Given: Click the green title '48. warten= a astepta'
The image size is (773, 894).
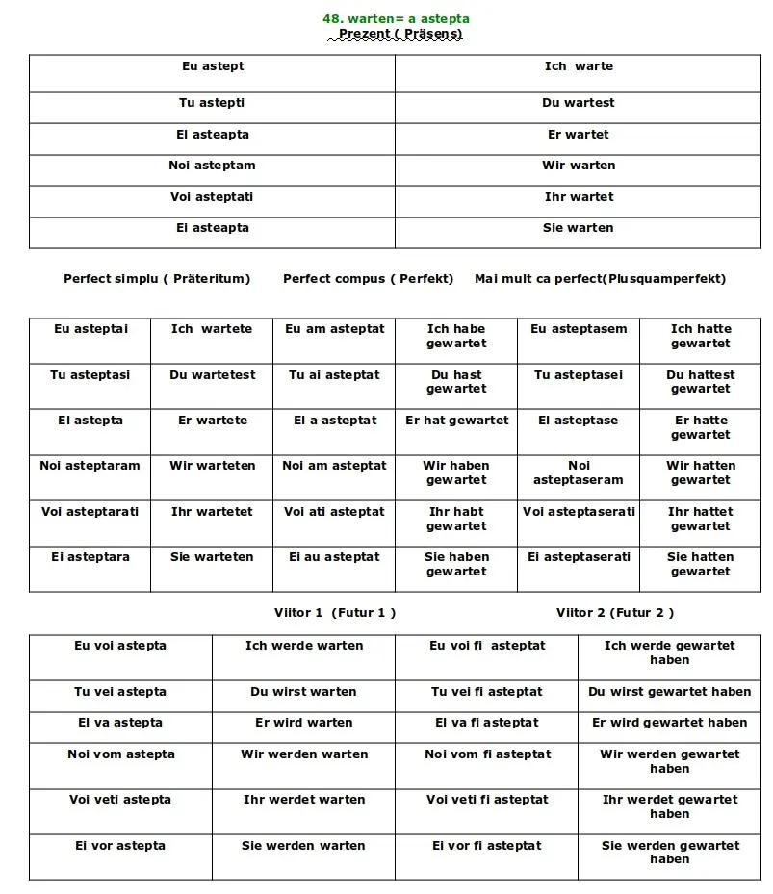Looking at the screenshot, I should click(x=396, y=19).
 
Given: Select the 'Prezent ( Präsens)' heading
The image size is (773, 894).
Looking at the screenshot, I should click(x=399, y=34).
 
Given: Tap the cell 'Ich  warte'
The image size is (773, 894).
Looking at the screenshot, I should click(x=578, y=66).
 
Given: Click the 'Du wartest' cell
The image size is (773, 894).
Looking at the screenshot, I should click(x=578, y=103).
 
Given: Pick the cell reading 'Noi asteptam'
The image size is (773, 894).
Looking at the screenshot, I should click(x=212, y=166).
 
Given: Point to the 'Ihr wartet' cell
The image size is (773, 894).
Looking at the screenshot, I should click(x=578, y=197).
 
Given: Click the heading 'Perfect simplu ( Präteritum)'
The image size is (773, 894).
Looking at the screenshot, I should click(x=157, y=279).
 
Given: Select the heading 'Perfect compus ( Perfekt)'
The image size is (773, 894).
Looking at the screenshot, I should click(x=368, y=279).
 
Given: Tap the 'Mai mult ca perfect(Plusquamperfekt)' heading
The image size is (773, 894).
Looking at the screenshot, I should click(x=600, y=279).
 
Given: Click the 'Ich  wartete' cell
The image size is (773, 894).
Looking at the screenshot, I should click(x=212, y=329).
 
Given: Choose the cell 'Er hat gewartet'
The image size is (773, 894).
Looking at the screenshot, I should click(x=456, y=421).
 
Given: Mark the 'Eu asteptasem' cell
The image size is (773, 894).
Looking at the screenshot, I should click(x=579, y=329).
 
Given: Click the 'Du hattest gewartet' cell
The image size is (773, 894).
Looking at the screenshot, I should click(x=701, y=382).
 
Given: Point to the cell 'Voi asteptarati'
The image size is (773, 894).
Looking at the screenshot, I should click(x=90, y=512).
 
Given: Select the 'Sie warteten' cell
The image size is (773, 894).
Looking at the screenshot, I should click(x=212, y=557).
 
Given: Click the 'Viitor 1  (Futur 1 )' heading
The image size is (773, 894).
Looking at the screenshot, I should click(x=335, y=613).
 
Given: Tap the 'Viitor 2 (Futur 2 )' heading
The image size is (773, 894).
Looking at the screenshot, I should click(x=615, y=613).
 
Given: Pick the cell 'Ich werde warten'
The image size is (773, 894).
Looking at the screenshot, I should click(x=304, y=646).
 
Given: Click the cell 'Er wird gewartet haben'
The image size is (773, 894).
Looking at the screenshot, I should click(x=669, y=723).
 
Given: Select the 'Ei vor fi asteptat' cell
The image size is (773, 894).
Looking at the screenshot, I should click(x=487, y=846).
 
